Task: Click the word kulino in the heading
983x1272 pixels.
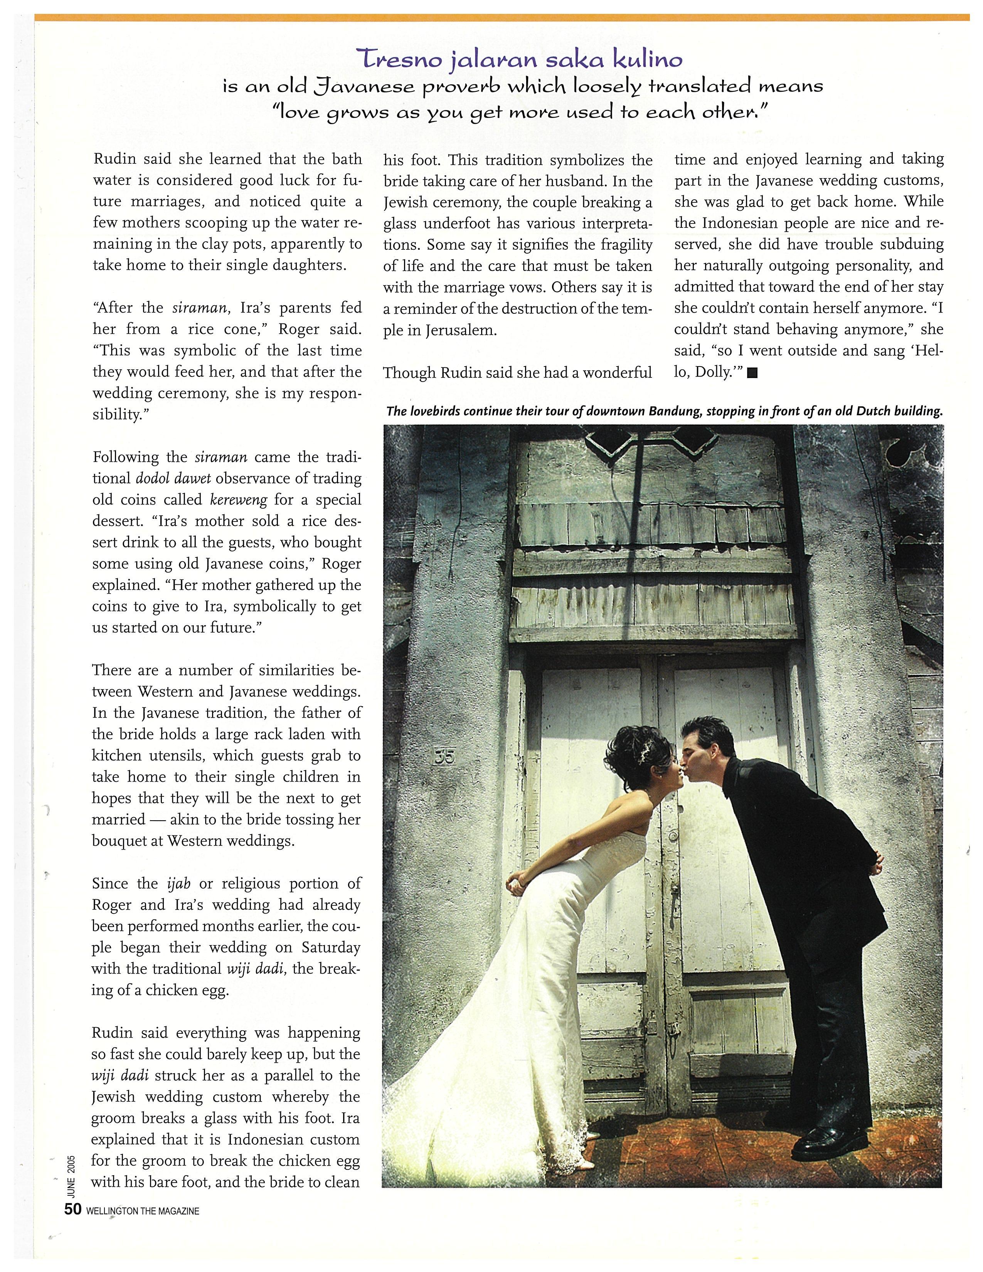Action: [649, 59]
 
